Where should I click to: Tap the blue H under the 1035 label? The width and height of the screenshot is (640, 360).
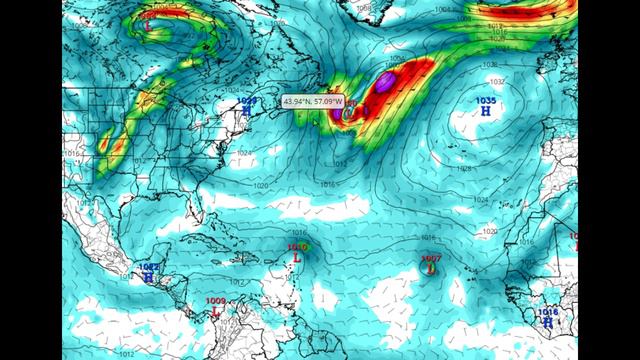pyautogui.click(x=486, y=112)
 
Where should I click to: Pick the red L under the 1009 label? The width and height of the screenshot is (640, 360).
pyautogui.click(x=215, y=311)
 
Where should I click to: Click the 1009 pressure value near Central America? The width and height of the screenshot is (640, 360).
pyautogui.click(x=215, y=300)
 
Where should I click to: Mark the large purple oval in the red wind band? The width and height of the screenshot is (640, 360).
pyautogui.click(x=386, y=81)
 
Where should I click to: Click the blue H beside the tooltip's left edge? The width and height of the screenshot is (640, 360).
pyautogui.click(x=247, y=111)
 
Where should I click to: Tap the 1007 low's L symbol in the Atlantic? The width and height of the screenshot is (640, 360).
pyautogui.click(x=430, y=269)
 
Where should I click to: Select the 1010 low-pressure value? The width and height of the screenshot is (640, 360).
pyautogui.click(x=297, y=247)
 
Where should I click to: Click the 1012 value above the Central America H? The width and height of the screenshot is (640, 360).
pyautogui.click(x=148, y=267)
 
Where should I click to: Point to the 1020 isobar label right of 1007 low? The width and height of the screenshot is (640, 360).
pyautogui.click(x=489, y=231)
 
